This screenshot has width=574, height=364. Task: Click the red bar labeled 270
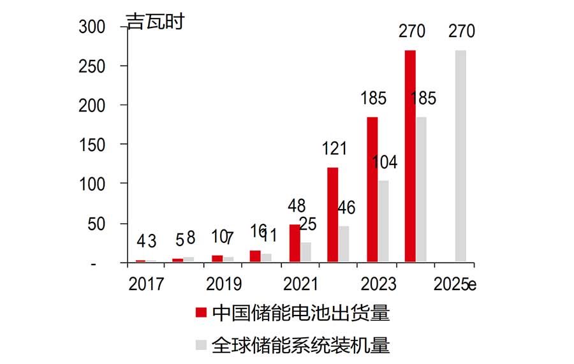point(410,156)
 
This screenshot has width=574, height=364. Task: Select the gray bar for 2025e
point(460,156)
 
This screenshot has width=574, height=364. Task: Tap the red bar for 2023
point(372,189)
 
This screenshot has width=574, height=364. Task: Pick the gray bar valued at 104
point(383,221)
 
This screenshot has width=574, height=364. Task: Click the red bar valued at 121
point(332,214)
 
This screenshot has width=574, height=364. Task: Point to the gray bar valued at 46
point(344,244)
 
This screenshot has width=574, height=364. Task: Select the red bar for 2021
point(295,243)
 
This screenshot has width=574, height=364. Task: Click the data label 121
point(334,149)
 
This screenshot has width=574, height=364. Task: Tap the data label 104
point(384,163)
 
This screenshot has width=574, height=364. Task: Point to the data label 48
point(296,207)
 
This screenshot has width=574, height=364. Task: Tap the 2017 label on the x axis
point(145,284)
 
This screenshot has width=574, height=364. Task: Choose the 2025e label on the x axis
point(455,284)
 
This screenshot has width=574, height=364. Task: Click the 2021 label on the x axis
point(301,284)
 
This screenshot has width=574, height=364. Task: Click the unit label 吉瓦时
point(155,22)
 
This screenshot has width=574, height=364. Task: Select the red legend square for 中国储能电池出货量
point(201,312)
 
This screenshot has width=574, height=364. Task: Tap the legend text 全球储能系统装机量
point(300,345)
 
